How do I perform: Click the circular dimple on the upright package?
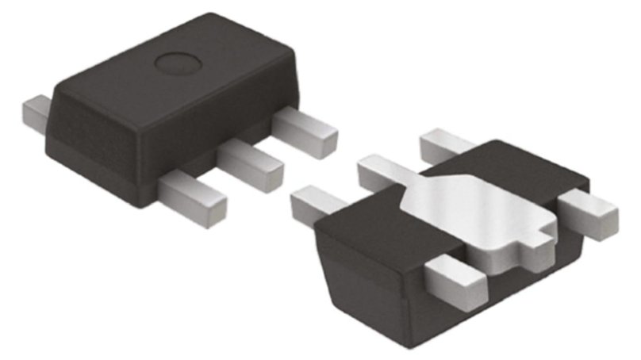tap(175, 62)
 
